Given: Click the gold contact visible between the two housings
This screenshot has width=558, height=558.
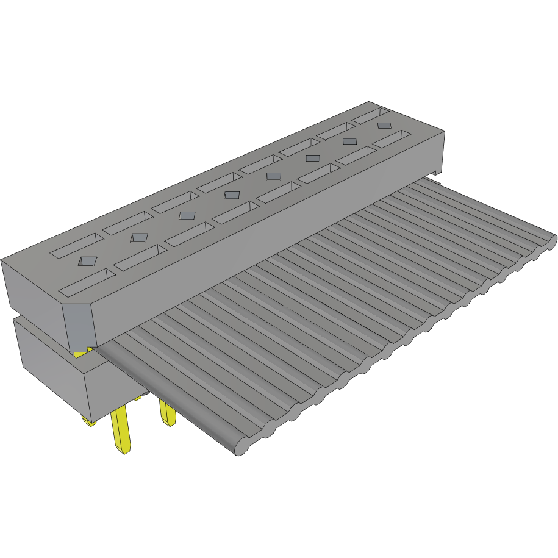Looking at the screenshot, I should tap(81, 352).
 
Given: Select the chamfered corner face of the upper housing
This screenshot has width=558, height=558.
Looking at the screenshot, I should tap(79, 326).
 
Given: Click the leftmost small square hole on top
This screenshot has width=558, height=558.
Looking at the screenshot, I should tap(87, 261).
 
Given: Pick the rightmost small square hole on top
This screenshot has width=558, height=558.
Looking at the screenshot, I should tap(384, 125).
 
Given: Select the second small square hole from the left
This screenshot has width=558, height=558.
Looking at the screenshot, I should tap(139, 237).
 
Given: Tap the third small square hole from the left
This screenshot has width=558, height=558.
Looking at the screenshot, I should tap(187, 215).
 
